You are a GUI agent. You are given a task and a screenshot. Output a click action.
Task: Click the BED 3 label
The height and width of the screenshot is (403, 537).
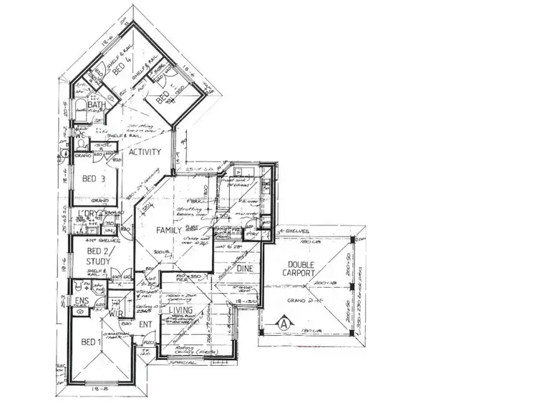(x=95, y=179)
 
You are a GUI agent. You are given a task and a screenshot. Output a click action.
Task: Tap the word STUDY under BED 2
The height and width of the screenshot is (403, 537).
(x=98, y=261)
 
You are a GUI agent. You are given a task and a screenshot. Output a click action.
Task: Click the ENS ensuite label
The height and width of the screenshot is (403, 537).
(x=80, y=300)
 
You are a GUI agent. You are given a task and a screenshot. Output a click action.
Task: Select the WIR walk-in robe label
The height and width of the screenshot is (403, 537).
(x=117, y=314)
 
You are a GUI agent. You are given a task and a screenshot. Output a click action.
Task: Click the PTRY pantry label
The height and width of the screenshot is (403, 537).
(x=251, y=234)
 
